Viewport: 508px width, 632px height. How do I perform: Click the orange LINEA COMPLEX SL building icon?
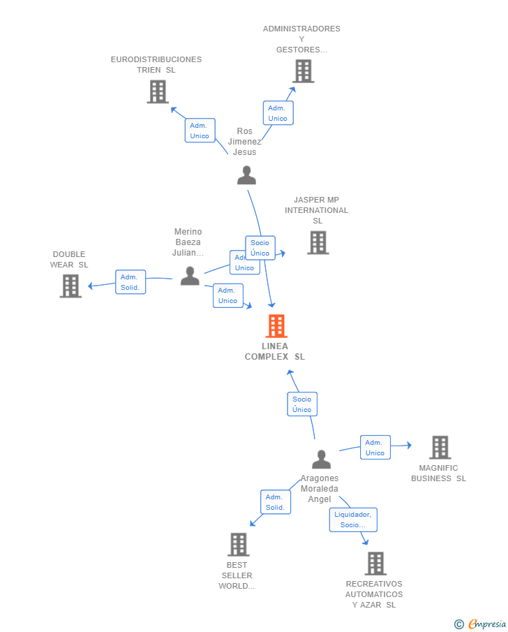pyautogui.click(x=276, y=326)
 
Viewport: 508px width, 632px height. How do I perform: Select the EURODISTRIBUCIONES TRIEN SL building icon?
pyautogui.click(x=158, y=91)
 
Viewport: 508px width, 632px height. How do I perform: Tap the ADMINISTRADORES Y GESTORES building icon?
pyautogui.click(x=303, y=71)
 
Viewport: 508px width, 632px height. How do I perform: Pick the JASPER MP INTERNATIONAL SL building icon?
pyautogui.click(x=317, y=242)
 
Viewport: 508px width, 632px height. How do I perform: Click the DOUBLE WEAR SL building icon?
pyautogui.click(x=70, y=286)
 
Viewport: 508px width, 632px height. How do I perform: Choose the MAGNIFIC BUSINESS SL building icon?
pyautogui.click(x=440, y=447)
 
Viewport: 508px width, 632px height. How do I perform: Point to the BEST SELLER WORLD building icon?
pyautogui.click(x=239, y=545)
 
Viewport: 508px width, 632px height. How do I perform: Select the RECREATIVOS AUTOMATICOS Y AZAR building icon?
pyautogui.click(x=375, y=563)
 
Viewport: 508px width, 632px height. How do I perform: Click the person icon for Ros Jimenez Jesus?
pyautogui.click(x=246, y=175)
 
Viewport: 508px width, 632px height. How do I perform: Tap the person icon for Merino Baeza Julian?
pyautogui.click(x=190, y=276)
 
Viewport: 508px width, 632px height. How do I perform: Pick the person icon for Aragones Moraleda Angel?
pyautogui.click(x=321, y=460)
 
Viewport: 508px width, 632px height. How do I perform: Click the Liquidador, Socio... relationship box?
pyautogui.click(x=353, y=520)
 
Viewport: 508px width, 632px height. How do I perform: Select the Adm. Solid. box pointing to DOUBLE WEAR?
pyautogui.click(x=130, y=282)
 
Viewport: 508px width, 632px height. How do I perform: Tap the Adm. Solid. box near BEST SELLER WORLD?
pyautogui.click(x=276, y=502)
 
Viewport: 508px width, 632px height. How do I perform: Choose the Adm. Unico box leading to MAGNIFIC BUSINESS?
pyautogui.click(x=375, y=448)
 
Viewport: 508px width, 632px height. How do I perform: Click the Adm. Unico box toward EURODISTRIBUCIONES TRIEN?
pyautogui.click(x=200, y=131)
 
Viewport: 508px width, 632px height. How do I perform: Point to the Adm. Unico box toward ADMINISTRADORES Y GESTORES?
pyautogui.click(x=278, y=113)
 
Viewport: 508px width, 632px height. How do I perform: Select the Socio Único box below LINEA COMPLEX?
pyautogui.click(x=302, y=404)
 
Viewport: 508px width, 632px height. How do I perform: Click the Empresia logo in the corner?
pyautogui.click(x=481, y=624)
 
